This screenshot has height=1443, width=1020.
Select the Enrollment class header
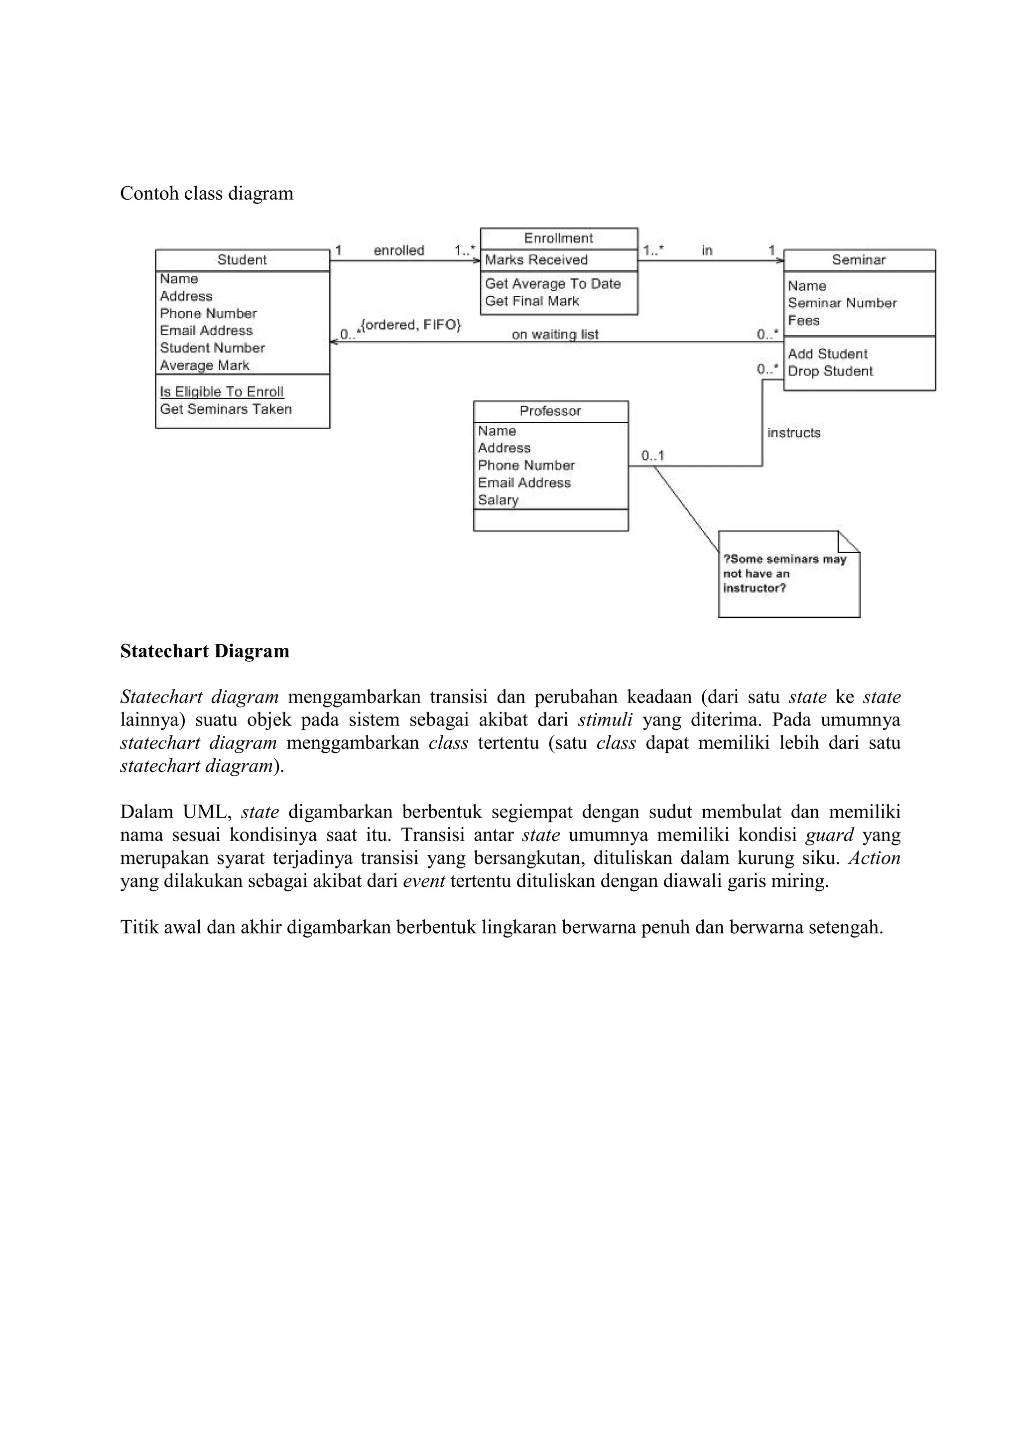pos(558,238)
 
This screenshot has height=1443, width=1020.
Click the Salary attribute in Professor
pos(498,500)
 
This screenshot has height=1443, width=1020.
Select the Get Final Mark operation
pos(532,302)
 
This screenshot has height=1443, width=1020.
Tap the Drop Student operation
pos(830,371)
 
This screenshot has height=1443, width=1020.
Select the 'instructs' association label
pos(794,433)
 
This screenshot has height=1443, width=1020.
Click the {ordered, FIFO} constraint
pos(411,326)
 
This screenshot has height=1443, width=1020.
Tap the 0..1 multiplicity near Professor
pos(652,456)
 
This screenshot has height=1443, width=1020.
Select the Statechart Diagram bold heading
pos(205,651)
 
